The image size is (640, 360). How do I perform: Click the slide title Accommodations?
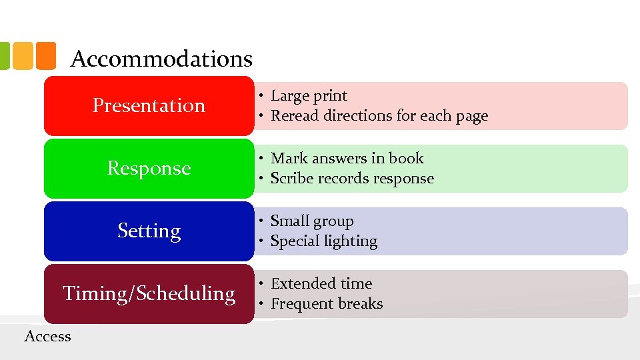(161, 59)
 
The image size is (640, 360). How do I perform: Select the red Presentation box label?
(149, 105)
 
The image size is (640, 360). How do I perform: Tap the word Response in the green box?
(149, 168)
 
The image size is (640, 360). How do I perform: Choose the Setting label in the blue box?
(149, 231)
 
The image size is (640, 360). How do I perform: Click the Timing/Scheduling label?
(149, 293)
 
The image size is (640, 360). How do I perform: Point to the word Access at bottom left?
(47, 336)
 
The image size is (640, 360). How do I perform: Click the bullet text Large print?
(309, 96)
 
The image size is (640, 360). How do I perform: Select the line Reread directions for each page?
(379, 116)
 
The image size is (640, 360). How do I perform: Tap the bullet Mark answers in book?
(347, 159)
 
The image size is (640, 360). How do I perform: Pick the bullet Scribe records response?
(352, 179)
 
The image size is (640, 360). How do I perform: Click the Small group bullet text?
(312, 221)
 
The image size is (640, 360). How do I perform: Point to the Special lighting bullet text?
(324, 241)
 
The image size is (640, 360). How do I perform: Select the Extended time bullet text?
(321, 284)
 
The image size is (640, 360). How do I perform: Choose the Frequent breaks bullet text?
(327, 304)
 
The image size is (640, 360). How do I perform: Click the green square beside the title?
(3, 56)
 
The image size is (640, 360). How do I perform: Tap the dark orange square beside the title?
(45, 56)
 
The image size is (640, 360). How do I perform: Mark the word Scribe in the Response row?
(291, 179)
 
